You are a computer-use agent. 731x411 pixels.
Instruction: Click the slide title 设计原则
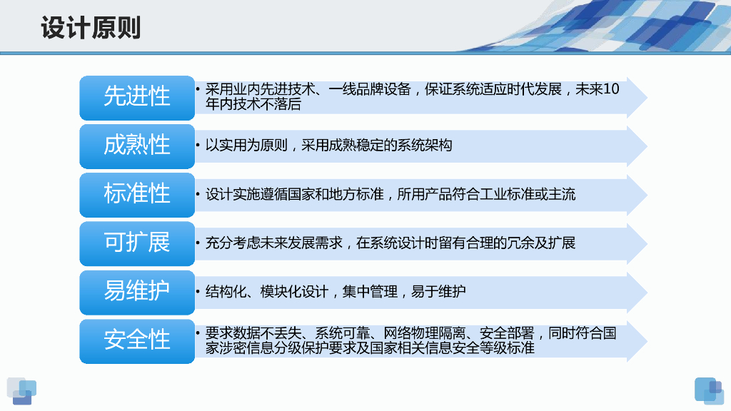91,28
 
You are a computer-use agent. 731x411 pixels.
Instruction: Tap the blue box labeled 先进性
137,98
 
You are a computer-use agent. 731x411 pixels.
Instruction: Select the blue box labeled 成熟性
137,146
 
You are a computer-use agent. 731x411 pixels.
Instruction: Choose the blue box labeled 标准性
137,195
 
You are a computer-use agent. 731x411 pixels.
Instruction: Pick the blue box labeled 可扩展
137,244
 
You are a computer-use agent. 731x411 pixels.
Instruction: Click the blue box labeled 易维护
137,292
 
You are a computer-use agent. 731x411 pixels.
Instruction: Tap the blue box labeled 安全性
137,341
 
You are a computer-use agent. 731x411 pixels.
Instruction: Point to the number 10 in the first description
611,89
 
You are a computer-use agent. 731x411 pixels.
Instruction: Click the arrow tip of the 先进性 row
647,97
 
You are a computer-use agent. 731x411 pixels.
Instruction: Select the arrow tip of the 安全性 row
647,341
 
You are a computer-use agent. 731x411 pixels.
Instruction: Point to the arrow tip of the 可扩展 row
647,244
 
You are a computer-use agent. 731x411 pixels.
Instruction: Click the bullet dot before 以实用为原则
198,146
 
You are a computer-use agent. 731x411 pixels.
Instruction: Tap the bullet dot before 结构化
198,292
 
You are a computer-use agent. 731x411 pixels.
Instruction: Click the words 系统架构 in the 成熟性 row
425,146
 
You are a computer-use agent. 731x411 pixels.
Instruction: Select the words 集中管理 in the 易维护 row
370,292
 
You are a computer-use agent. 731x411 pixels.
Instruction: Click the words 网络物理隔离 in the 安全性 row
425,333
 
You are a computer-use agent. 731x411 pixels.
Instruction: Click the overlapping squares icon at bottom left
22,391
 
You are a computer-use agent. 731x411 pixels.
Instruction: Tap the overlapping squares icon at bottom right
709,391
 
